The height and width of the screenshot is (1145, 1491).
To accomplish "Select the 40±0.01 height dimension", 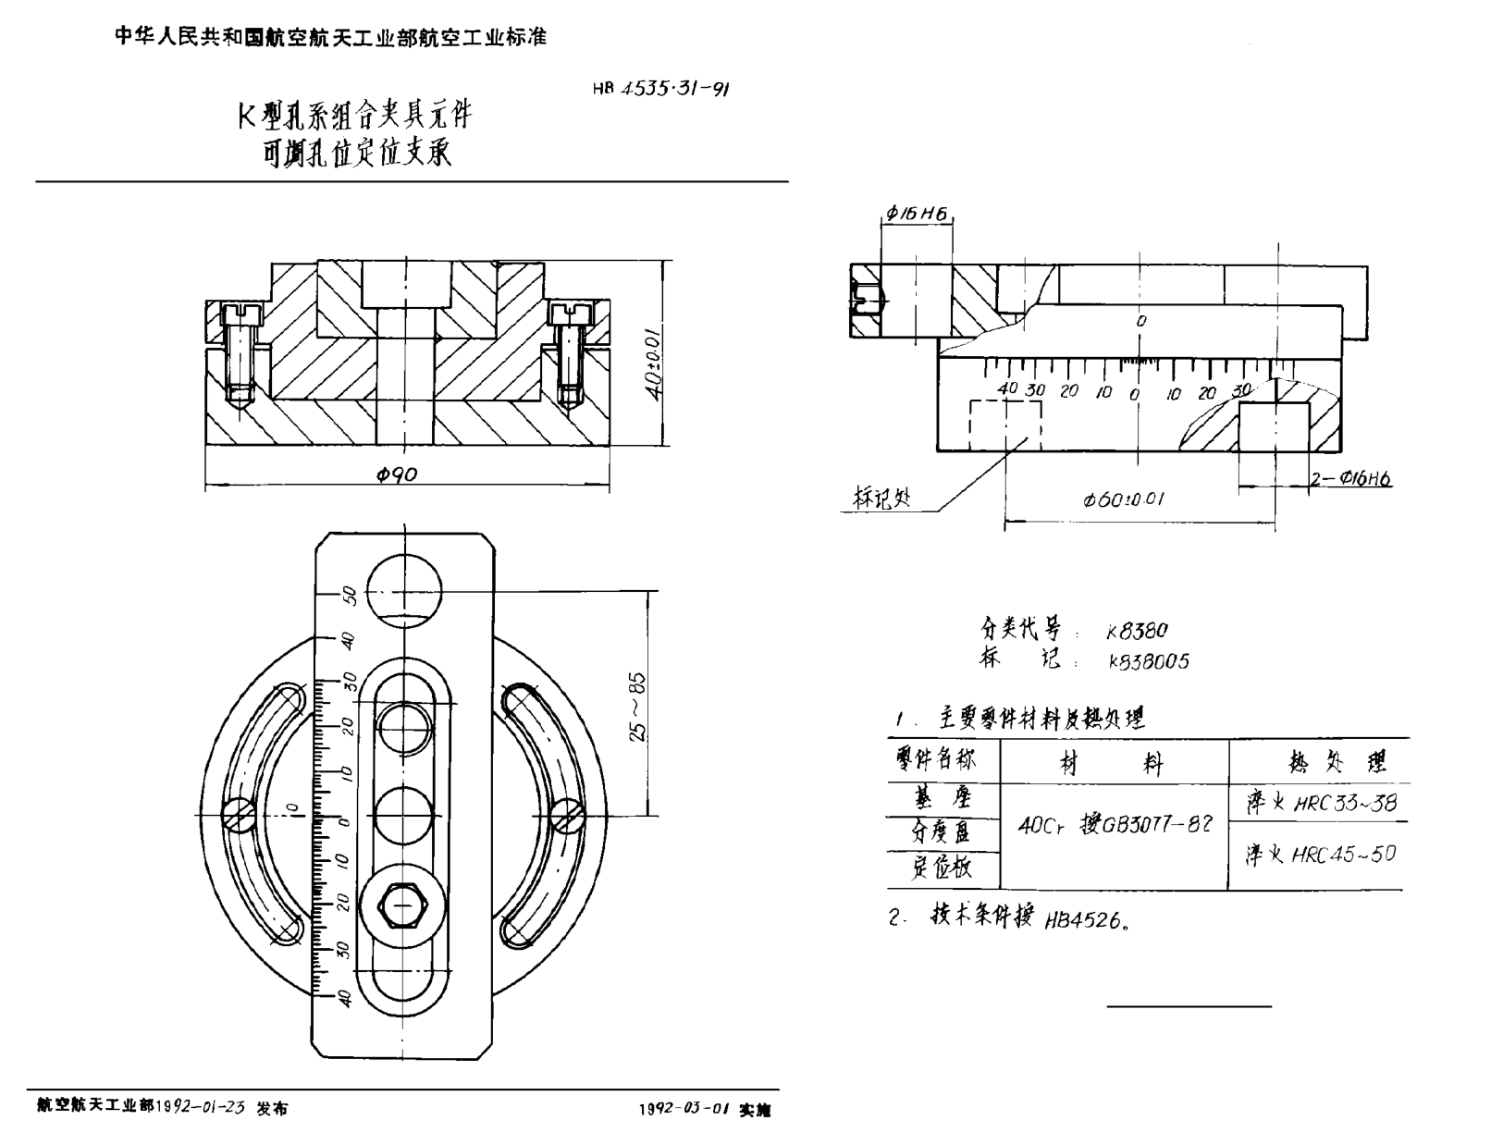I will (x=654, y=361).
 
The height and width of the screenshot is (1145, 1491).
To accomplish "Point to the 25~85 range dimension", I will (x=637, y=707).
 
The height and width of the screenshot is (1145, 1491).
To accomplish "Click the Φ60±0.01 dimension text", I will (x=1124, y=500).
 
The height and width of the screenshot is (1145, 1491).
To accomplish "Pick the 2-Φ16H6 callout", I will (x=1350, y=478).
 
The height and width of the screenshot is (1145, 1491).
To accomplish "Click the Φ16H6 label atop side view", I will (x=916, y=214).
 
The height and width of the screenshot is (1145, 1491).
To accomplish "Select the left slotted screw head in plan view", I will (x=239, y=814).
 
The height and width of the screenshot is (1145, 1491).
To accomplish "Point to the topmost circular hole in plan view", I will (x=404, y=592).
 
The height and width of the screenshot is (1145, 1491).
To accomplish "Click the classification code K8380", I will (x=1137, y=631).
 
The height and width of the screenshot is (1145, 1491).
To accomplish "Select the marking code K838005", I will (x=1149, y=661).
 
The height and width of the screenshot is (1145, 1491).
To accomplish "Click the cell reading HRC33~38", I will (x=1321, y=803).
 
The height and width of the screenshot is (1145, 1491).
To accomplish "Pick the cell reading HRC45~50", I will (x=1320, y=855).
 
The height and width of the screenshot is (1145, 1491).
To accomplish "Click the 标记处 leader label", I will (x=881, y=499).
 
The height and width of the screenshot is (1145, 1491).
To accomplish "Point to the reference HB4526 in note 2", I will (x=1083, y=920).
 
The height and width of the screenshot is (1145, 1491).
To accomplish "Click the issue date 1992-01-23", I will (x=202, y=1107).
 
